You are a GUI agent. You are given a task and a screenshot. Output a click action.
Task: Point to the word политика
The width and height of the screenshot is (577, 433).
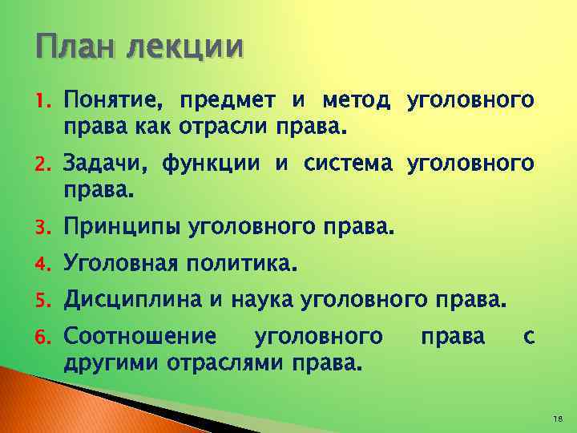(240, 263)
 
